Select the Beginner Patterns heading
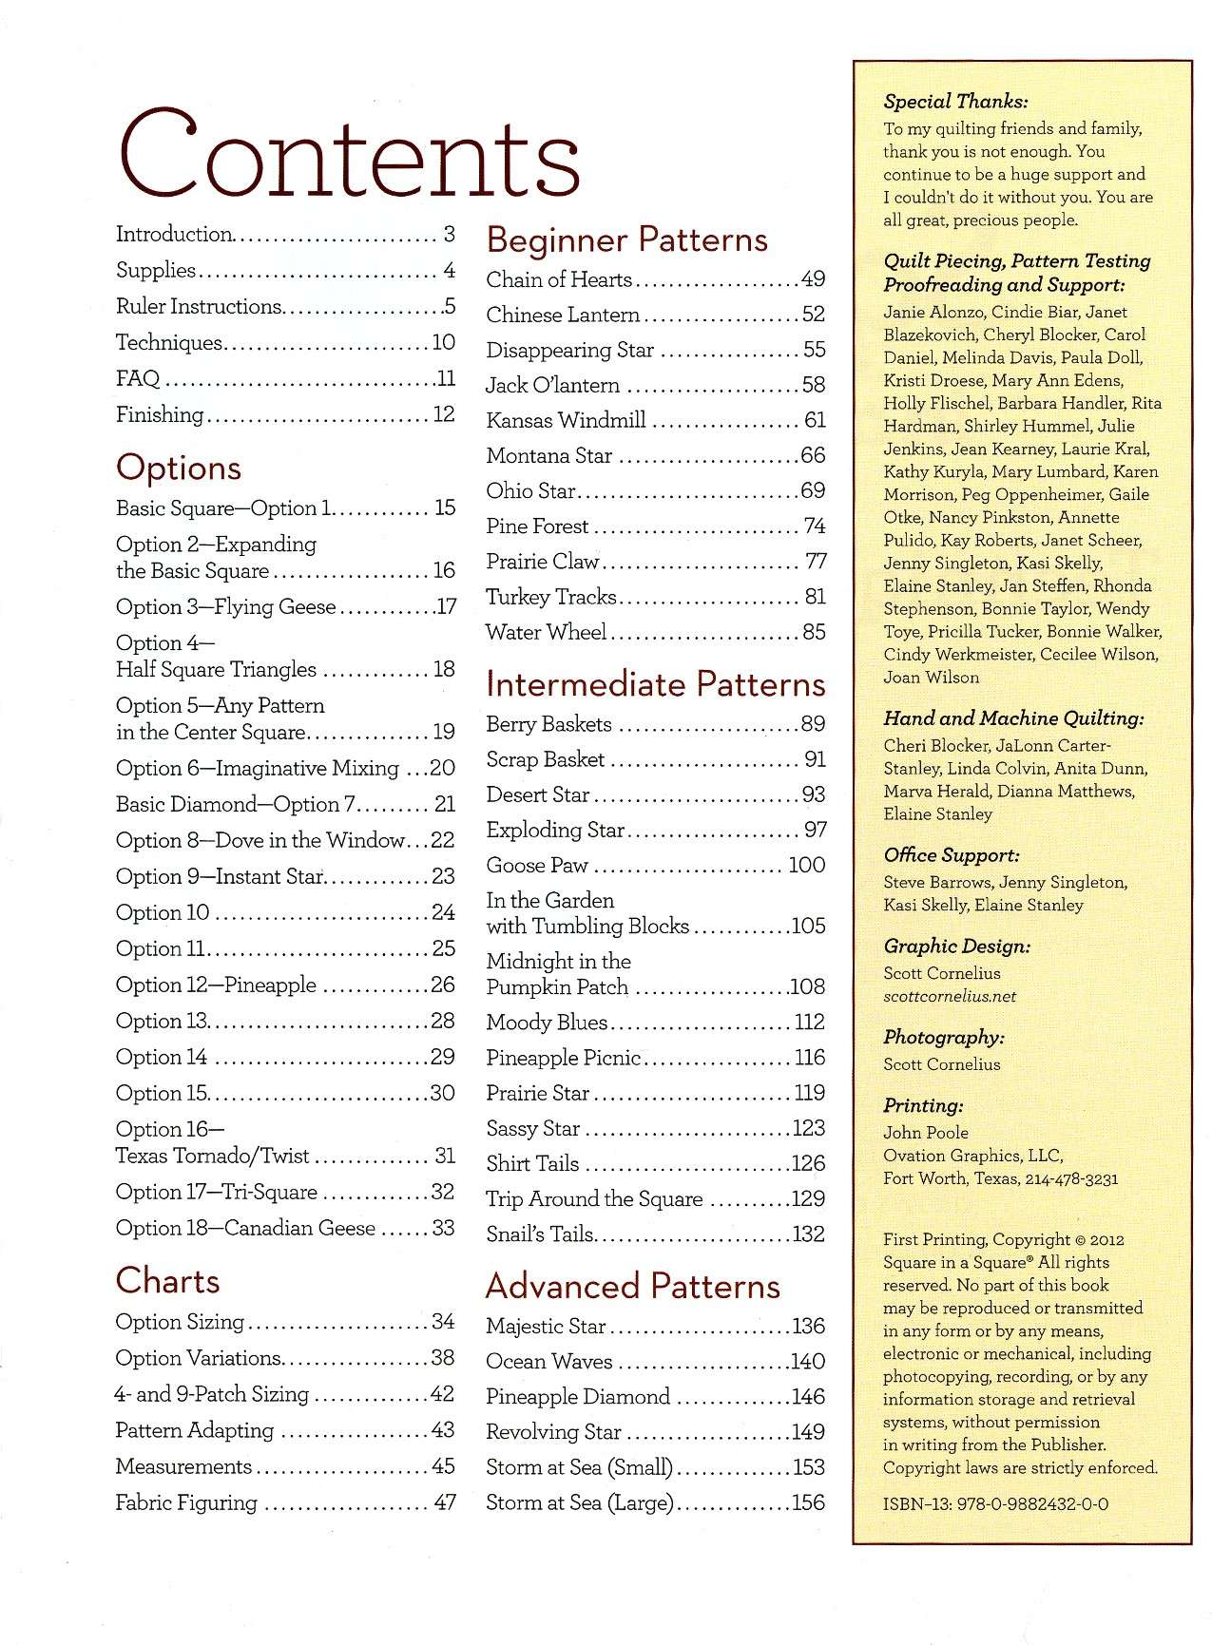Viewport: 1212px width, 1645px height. pos(626,239)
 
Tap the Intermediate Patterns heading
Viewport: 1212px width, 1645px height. pos(655,684)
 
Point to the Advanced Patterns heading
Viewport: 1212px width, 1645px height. pos(632,1286)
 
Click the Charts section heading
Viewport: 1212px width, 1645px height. pos(167,1281)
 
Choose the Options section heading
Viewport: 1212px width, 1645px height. pos(179,468)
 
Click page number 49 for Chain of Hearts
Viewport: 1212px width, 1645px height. pos(813,279)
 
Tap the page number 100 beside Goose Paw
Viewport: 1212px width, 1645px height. pos(806,865)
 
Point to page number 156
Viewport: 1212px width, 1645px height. pos(808,1502)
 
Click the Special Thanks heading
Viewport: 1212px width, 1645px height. pos(955,102)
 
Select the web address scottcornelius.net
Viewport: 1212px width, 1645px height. pos(950,996)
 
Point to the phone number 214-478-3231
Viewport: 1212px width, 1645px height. pos(1070,1178)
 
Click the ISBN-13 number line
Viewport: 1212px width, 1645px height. pos(995,1503)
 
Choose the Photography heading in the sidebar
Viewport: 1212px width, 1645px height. pos(943,1038)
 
